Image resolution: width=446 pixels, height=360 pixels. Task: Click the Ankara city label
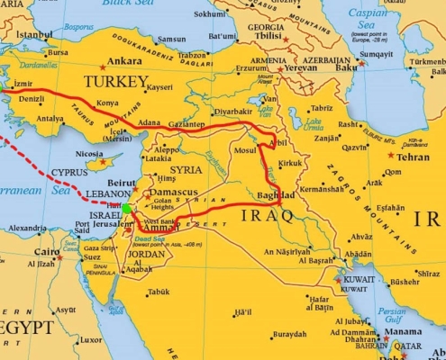coord(125,63)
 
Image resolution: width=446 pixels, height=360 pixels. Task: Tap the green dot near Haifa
coord(126,209)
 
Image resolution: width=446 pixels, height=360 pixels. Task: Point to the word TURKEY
coord(114,82)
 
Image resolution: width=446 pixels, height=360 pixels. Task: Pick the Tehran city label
coord(415,156)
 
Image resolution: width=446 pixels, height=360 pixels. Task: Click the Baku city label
coord(346,67)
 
